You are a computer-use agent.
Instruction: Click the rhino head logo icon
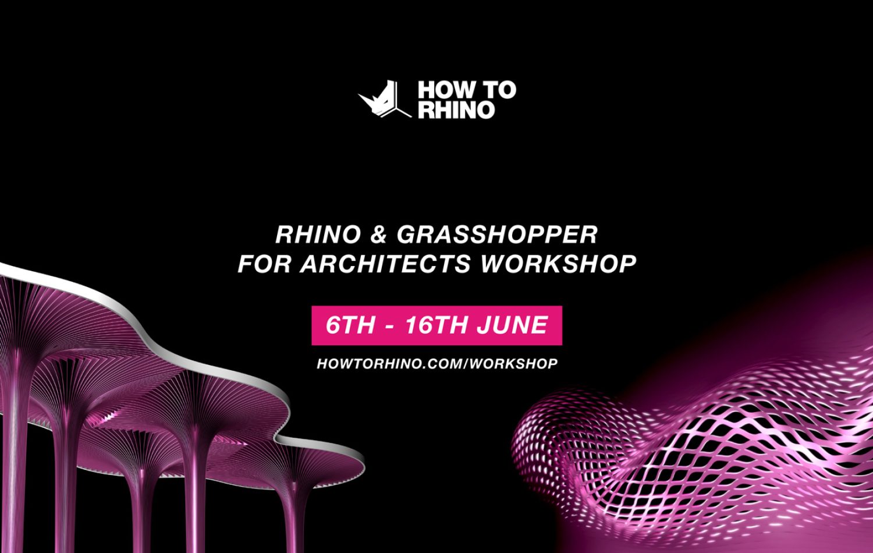[x=384, y=100]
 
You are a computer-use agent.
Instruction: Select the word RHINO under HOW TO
[x=456, y=110]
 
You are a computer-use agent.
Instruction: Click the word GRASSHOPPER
[x=497, y=235]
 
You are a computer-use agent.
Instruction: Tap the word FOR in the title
[x=264, y=264]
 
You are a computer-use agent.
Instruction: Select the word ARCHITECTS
[x=385, y=264]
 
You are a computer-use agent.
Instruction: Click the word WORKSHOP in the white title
[x=558, y=264]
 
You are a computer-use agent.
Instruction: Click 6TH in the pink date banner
[x=350, y=325]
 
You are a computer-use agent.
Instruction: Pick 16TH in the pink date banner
[x=436, y=325]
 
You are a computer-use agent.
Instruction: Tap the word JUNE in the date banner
[x=513, y=325]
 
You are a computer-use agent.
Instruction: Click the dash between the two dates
[x=390, y=327]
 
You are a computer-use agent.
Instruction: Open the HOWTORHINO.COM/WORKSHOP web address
[x=437, y=364]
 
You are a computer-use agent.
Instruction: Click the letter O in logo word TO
[x=507, y=90]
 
